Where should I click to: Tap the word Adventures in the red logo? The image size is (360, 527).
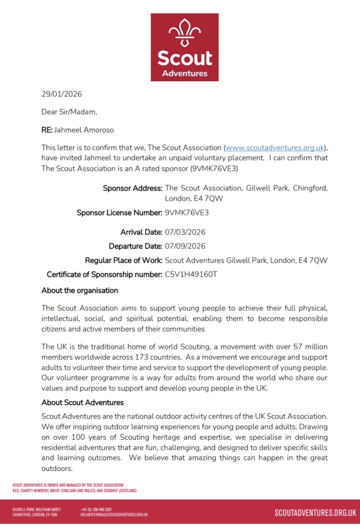[x=185, y=73]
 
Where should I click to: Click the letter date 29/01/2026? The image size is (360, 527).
[x=62, y=94]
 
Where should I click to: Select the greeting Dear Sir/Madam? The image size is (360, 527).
[x=69, y=112]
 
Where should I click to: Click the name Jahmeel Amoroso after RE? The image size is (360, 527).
[x=84, y=130]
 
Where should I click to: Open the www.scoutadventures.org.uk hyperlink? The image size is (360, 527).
[x=275, y=148]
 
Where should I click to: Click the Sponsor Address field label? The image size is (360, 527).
[x=133, y=188]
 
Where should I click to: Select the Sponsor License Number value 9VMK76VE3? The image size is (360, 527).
[x=187, y=213]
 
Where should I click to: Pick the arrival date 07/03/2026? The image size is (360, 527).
[x=185, y=232]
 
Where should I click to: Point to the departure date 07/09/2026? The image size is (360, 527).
[x=185, y=246]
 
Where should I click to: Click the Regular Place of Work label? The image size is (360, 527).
[x=123, y=260]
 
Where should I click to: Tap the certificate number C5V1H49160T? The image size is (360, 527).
[x=191, y=274]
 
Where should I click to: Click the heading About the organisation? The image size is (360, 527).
[x=80, y=291]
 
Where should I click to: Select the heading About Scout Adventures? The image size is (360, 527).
[x=82, y=403]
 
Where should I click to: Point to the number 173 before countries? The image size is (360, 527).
[x=142, y=357]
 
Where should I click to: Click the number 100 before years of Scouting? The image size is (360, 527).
[x=78, y=437]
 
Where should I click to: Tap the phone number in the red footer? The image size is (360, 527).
[x=96, y=510]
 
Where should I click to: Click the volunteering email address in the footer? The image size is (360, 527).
[x=114, y=515]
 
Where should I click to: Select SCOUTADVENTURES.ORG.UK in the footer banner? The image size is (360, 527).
[x=315, y=513]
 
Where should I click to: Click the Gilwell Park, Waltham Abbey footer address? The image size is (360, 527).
[x=37, y=510]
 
